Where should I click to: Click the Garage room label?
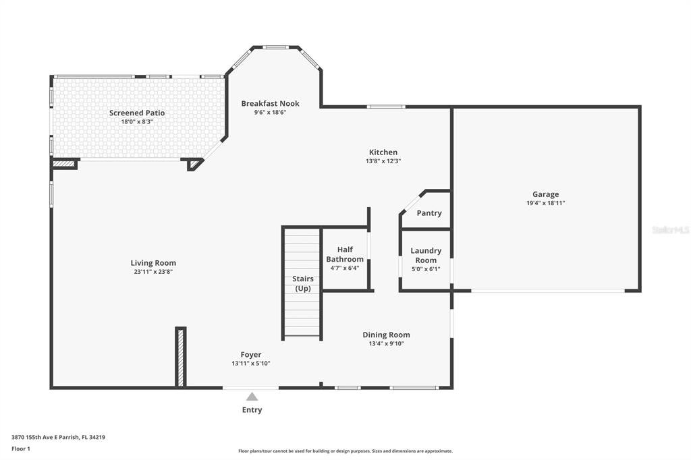click(x=545, y=194)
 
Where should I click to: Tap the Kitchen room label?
click(x=383, y=152)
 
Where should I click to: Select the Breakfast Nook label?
click(x=270, y=104)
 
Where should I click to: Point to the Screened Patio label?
click(x=137, y=113)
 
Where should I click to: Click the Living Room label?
click(x=153, y=263)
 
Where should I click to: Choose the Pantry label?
click(x=429, y=213)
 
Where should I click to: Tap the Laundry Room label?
click(x=426, y=255)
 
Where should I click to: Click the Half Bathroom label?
click(x=345, y=254)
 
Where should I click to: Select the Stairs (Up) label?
click(x=303, y=284)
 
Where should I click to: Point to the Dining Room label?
click(x=387, y=335)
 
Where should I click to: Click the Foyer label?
click(x=251, y=355)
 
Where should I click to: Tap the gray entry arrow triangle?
click(x=252, y=397)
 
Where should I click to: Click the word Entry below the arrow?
click(x=252, y=410)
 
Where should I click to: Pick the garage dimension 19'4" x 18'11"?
click(x=545, y=203)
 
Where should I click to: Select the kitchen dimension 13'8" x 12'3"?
click(x=383, y=161)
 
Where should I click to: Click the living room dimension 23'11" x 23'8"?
click(x=153, y=272)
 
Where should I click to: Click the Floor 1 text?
click(x=21, y=449)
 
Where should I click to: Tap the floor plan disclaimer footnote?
click(x=345, y=451)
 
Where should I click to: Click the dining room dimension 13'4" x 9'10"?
click(x=387, y=344)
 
